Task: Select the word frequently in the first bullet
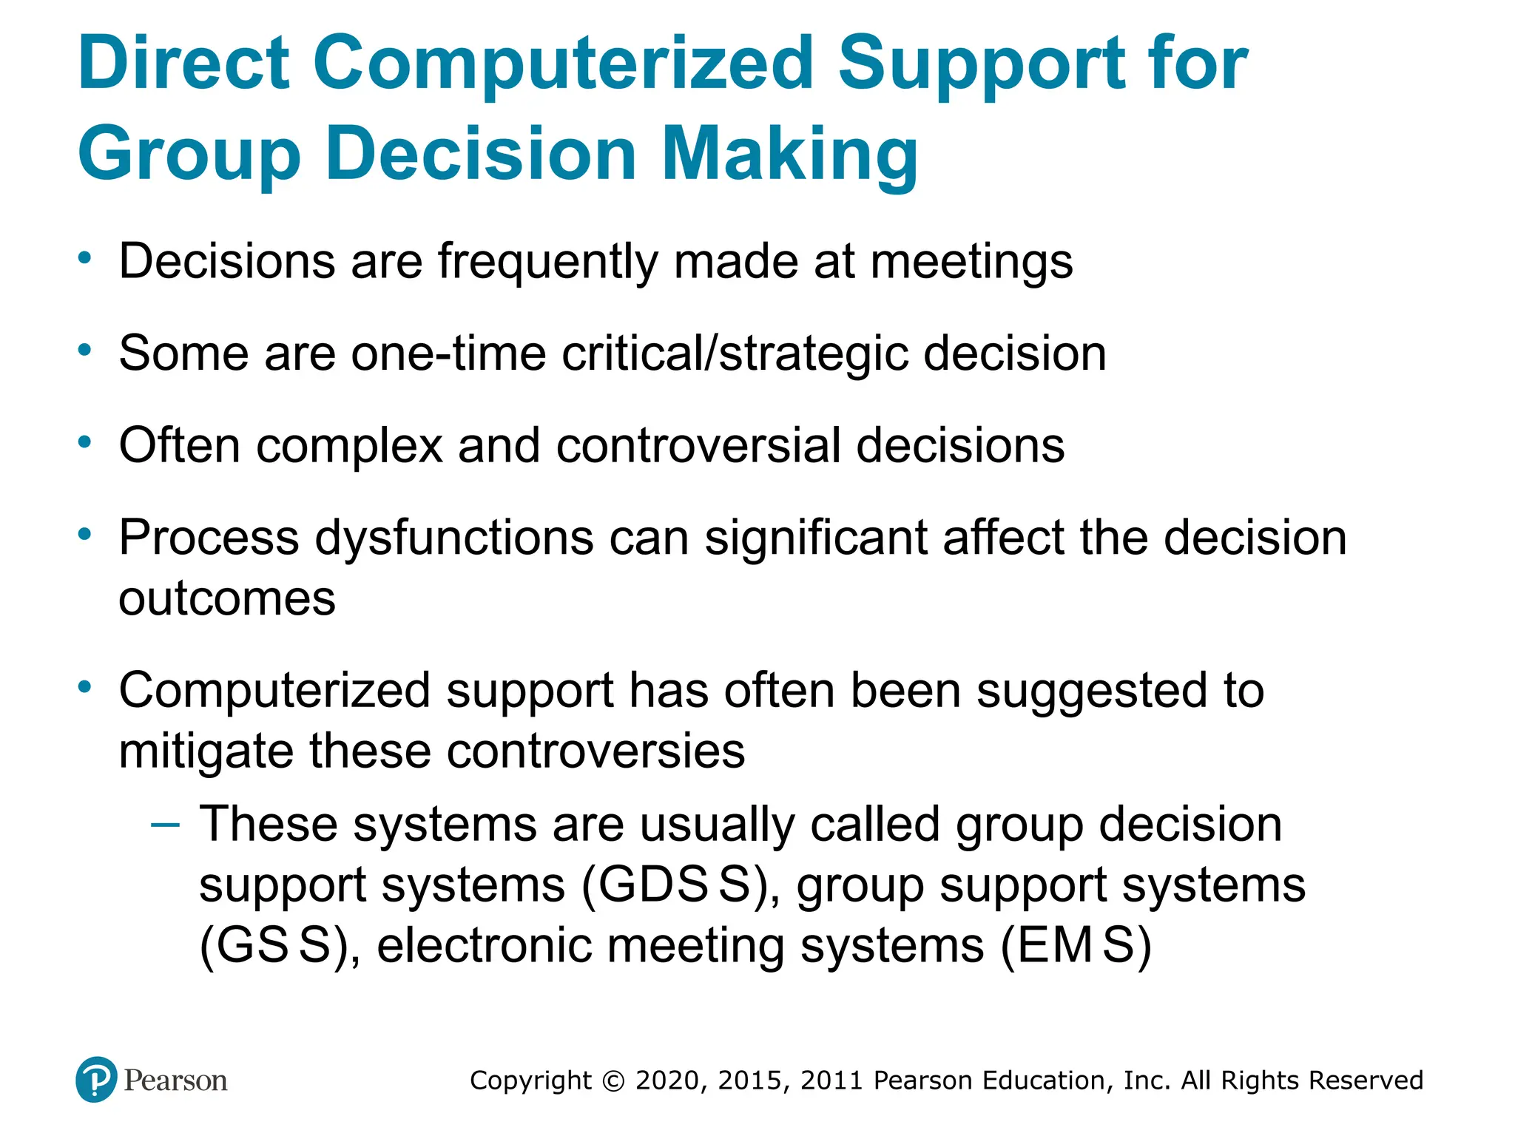pos(547,263)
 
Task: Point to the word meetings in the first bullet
pos(971,263)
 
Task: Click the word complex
pos(349,445)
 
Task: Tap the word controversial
pos(698,445)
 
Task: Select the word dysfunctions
pos(454,538)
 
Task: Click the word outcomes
pos(227,598)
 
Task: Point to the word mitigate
pos(206,752)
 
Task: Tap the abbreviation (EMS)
pos(1076,946)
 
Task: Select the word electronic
pos(484,946)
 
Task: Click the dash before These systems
pos(164,825)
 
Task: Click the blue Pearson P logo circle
pos(96,1080)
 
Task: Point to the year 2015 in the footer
pos(749,1081)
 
